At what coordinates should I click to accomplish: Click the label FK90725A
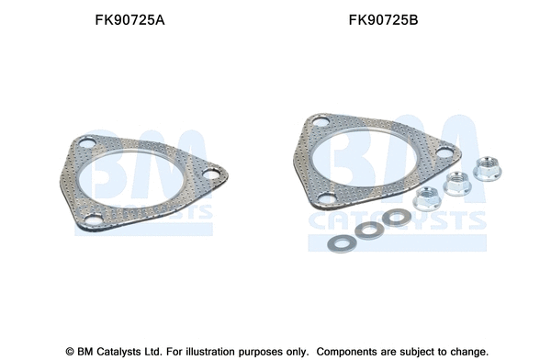(x=131, y=17)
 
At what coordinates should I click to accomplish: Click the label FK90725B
(x=383, y=17)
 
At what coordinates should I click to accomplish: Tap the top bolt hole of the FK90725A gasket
(x=88, y=144)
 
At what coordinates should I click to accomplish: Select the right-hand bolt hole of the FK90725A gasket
(x=210, y=172)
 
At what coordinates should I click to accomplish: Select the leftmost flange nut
(x=427, y=197)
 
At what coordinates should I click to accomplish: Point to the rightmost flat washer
(x=397, y=218)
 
